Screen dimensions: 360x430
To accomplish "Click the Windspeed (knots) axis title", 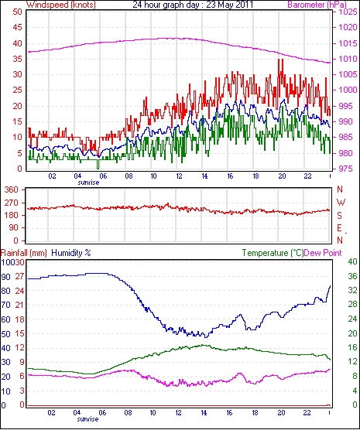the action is [61, 5].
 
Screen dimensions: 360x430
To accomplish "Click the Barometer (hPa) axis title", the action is [317, 5].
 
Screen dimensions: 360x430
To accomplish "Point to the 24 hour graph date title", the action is [193, 5].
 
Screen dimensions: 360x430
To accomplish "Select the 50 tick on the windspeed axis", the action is [17, 12].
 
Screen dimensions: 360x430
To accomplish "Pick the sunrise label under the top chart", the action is [88, 182].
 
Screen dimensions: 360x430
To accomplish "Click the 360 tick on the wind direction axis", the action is [12, 189].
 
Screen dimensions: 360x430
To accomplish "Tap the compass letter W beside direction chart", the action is [341, 203].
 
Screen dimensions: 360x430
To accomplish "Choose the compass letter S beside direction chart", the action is [339, 216].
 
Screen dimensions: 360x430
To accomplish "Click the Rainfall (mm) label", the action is [23, 253].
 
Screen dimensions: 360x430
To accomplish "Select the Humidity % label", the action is [71, 253].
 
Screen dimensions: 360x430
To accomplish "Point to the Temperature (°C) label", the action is [273, 253].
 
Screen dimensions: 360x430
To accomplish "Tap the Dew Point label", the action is [323, 253].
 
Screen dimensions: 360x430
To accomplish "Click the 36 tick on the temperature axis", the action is [352, 276].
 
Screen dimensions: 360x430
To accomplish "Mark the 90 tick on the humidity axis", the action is [5, 277].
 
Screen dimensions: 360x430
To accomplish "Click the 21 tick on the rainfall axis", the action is [19, 305].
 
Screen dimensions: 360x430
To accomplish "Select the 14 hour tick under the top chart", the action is [204, 176].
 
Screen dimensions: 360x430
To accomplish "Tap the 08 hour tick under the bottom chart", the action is [128, 412].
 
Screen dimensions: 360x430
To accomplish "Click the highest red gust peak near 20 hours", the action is [279, 60].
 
